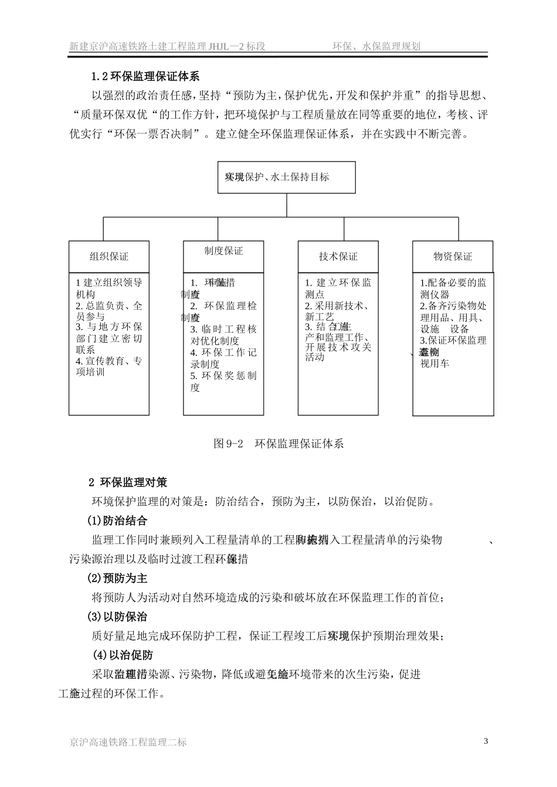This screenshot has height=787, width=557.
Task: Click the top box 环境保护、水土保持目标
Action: coord(286,177)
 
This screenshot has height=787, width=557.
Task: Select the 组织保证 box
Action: coord(108,256)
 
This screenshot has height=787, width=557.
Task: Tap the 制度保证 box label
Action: coord(223,251)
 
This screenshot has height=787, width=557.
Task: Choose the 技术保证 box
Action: coord(338,256)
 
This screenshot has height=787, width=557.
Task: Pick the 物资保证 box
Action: coord(452,256)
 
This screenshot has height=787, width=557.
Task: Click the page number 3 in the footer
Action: coord(485,741)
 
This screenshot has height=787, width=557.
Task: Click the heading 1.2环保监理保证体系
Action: coord(145,77)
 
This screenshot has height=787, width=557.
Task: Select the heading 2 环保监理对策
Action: coord(128,482)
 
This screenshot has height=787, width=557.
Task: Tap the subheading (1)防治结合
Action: coord(117,521)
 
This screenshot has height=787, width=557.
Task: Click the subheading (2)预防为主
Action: coord(117,578)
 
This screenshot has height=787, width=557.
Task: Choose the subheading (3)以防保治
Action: coord(117,617)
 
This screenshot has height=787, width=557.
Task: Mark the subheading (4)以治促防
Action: coord(123,655)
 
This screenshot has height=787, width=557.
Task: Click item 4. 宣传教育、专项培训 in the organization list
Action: coord(108,367)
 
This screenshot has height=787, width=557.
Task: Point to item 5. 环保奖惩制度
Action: coord(223,381)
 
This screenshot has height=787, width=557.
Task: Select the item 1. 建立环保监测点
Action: coord(338,288)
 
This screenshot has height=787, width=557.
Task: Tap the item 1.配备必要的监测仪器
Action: coord(453,288)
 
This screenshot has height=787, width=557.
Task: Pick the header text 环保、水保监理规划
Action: coord(376,46)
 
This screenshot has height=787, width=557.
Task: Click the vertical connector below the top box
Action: coord(286,205)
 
